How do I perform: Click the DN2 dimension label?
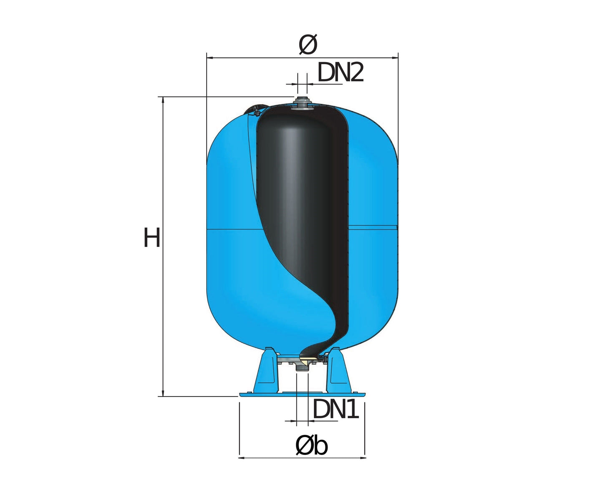[x=341, y=73]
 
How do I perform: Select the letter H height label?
[x=152, y=237]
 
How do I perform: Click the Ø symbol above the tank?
[x=308, y=44]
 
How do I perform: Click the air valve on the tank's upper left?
[x=254, y=110]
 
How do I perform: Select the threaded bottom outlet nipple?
[x=302, y=369]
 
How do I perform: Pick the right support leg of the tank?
[x=338, y=370]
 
